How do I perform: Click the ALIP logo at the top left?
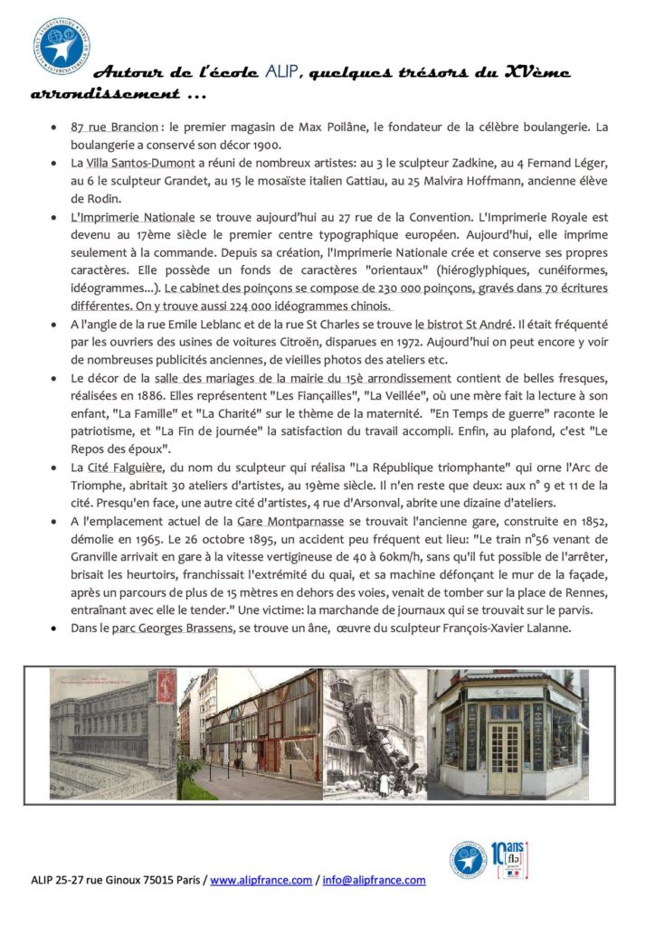tap(62, 44)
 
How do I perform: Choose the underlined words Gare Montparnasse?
tap(291, 522)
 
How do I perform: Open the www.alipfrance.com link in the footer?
tap(261, 880)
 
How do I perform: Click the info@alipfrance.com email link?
tap(374, 880)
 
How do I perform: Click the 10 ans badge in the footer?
tap(509, 860)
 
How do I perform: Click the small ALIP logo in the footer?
tap(469, 860)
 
